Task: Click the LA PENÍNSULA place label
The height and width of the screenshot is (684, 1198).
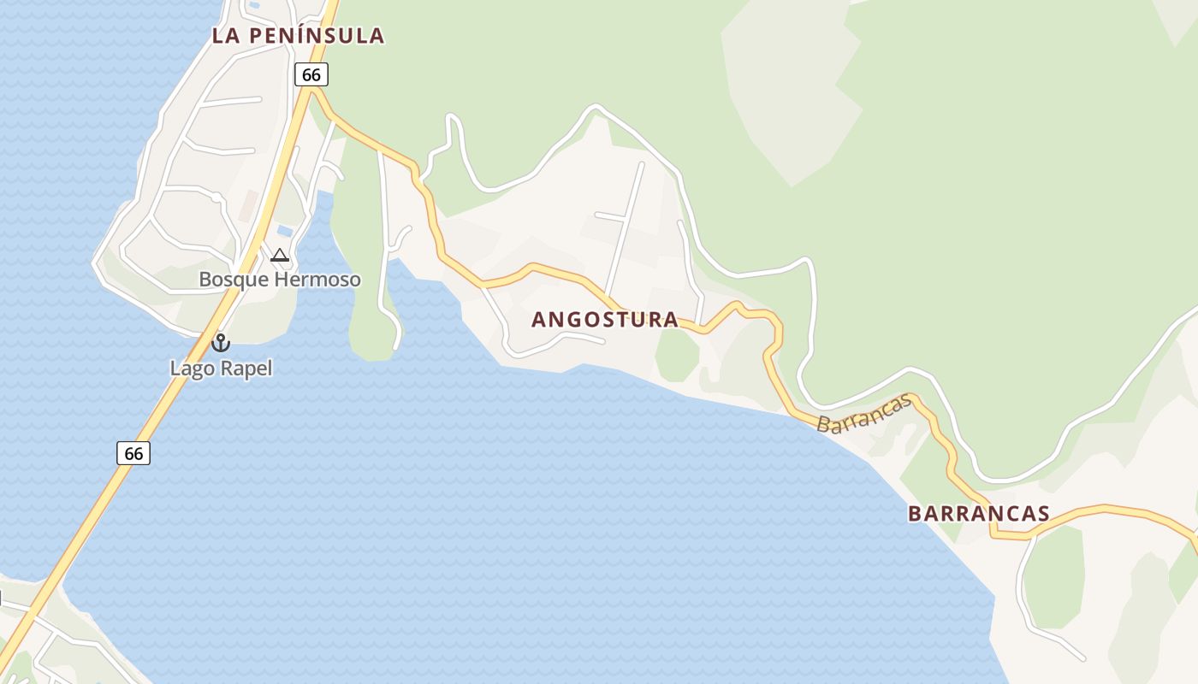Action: coord(298,36)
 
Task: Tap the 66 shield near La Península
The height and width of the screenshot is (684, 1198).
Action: coord(311,74)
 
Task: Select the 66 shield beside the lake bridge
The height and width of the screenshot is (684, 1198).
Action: coord(133,452)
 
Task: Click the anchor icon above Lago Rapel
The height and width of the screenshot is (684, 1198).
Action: coord(221,343)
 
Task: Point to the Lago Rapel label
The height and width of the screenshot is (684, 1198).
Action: coord(221,369)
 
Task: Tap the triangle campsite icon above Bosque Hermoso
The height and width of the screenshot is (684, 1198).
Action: coord(280,255)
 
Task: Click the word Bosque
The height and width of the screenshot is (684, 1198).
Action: coord(234,280)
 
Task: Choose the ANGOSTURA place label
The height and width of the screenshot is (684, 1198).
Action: coord(604,320)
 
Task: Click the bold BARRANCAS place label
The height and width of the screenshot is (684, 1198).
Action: coord(978,513)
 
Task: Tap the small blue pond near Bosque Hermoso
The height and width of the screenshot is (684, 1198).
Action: coord(285,231)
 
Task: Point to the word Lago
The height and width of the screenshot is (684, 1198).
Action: coord(193,369)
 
